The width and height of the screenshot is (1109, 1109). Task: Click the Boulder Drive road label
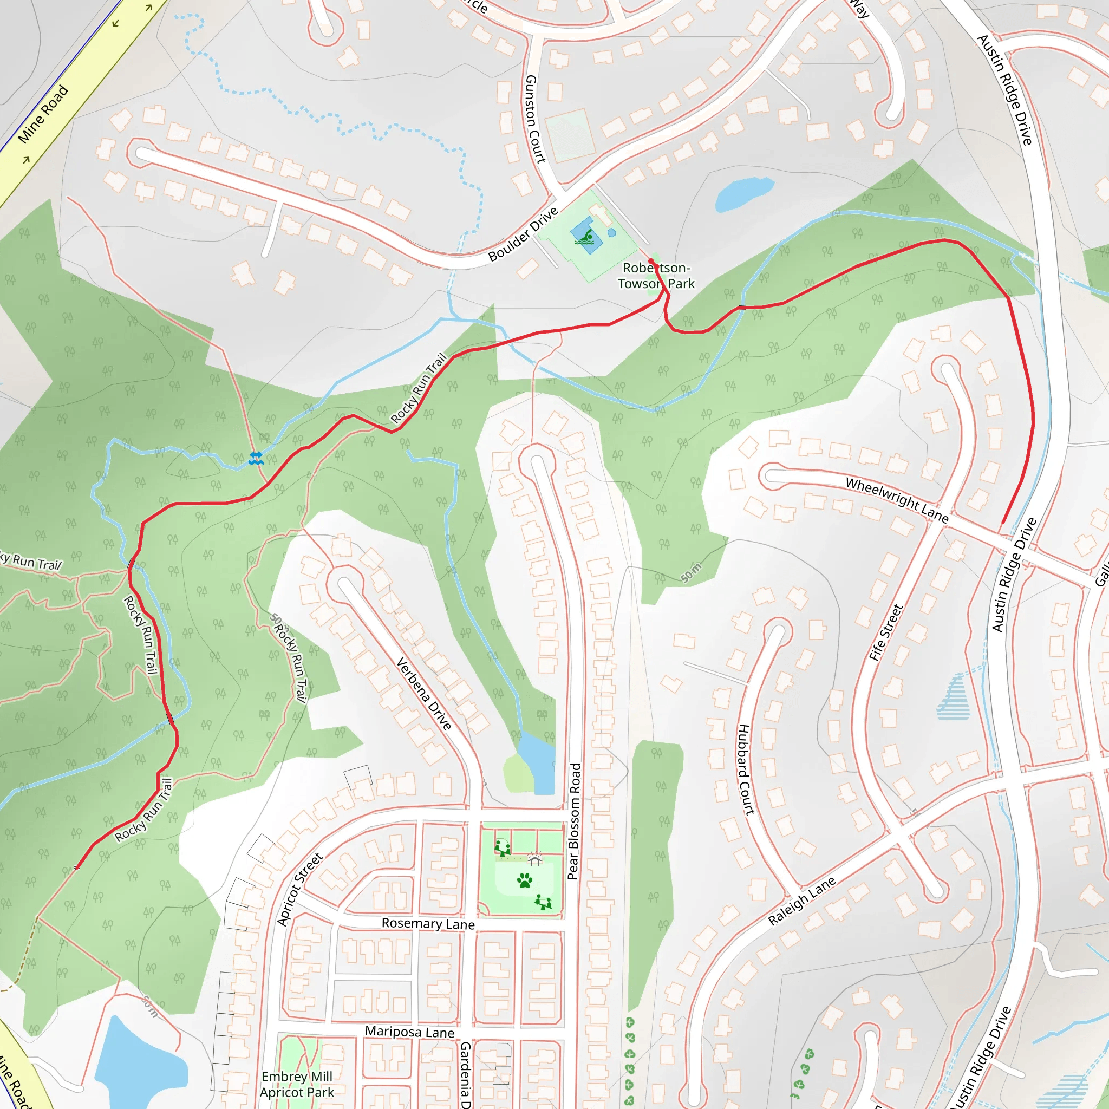tap(523, 234)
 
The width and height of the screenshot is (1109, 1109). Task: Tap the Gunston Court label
tap(534, 119)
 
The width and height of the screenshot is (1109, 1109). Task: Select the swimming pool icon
tap(585, 237)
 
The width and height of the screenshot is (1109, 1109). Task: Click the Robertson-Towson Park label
tap(656, 276)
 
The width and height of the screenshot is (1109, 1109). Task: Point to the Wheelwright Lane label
tap(897, 500)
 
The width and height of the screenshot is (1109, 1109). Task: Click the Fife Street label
tap(886, 632)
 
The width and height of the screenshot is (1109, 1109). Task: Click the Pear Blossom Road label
tap(574, 821)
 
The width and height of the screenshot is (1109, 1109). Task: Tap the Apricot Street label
tap(299, 889)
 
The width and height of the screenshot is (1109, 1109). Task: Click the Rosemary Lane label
tap(428, 924)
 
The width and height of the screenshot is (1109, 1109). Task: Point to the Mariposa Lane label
tap(410, 1032)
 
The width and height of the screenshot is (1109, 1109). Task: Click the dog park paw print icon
tap(525, 880)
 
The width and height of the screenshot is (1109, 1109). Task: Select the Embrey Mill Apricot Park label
tap(297, 1084)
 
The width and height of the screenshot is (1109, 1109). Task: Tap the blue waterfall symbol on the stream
tap(256, 458)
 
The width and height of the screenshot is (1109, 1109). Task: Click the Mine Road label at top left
tap(43, 114)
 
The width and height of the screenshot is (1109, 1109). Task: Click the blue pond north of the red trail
tap(744, 193)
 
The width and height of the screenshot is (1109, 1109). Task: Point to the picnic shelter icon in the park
tap(535, 860)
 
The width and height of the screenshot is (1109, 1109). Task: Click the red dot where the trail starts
tap(651, 262)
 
